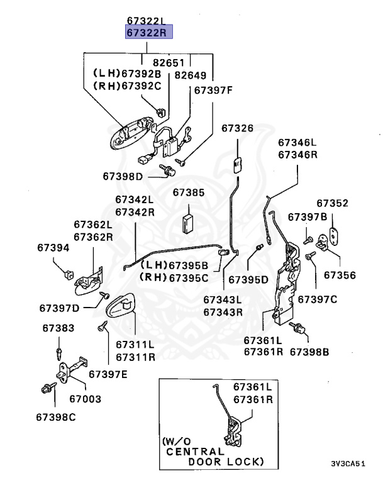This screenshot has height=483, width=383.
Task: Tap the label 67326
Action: (x=237, y=128)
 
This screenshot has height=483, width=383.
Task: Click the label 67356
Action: (x=340, y=275)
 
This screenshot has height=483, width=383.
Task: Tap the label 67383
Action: (x=58, y=328)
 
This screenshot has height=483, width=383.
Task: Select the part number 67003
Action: (x=85, y=399)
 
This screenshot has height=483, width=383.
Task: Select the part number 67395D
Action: (x=248, y=278)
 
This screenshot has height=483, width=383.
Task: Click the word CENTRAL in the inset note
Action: (x=194, y=451)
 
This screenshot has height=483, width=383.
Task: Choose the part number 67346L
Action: (x=297, y=143)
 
